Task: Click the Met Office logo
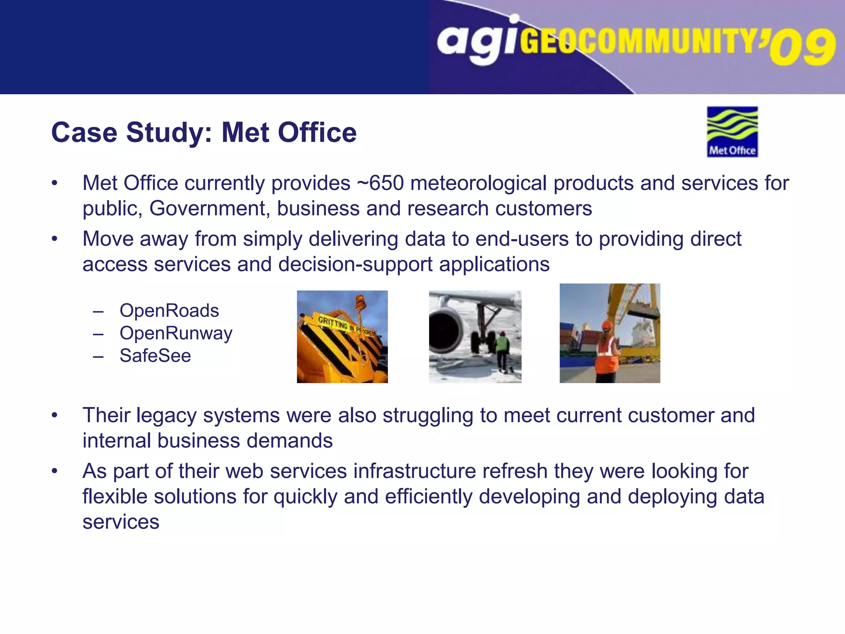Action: click(x=732, y=132)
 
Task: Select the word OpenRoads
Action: click(x=169, y=311)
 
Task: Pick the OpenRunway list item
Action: click(x=176, y=334)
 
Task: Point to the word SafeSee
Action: click(x=155, y=356)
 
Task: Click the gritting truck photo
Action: click(x=342, y=337)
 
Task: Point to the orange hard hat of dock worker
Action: click(x=607, y=325)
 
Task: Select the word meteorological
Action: click(x=479, y=183)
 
